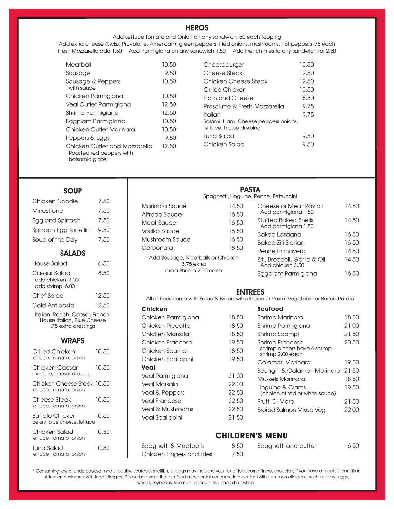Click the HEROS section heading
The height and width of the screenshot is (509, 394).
pos(197,28)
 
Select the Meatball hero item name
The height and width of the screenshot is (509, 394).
pos(78,65)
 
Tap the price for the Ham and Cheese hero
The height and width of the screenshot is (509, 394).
pos(308,98)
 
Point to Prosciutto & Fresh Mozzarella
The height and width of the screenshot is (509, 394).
pos(243,106)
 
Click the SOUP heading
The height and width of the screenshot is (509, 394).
pos(72,191)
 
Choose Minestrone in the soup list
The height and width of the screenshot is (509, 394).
pos(47,211)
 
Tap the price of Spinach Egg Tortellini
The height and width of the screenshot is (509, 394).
pos(104,230)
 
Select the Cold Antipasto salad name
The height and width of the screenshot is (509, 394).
pos(53,305)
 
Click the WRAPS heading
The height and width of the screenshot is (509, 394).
pos(72,341)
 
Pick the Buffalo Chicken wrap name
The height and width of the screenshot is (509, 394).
pos(54,416)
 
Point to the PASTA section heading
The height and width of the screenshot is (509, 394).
pos(250,190)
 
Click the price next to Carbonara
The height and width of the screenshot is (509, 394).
pos(236,248)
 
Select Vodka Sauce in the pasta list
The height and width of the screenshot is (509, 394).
pos(160,231)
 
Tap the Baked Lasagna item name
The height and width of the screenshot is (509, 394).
pos(279,234)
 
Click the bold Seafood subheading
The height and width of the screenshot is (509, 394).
pos(270,309)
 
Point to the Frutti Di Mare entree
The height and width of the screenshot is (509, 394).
pos(275,401)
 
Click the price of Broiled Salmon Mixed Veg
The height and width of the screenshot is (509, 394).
pos(351,410)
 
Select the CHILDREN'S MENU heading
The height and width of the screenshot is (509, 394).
pos(251,436)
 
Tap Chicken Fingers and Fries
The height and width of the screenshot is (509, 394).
pos(176,454)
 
